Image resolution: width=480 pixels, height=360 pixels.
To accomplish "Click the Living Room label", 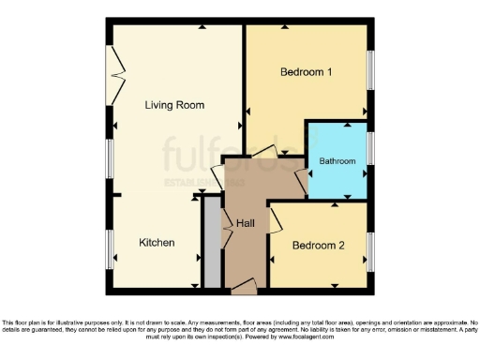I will [x=174, y=104].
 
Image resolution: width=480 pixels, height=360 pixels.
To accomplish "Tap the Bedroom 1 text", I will [x=306, y=72].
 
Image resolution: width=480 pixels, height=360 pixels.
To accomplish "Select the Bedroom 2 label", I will [x=318, y=246].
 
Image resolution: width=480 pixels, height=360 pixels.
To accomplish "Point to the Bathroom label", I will [x=337, y=161].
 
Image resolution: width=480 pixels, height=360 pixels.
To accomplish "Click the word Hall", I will [x=246, y=223].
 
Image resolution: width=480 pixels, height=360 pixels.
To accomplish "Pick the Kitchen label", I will [x=157, y=242].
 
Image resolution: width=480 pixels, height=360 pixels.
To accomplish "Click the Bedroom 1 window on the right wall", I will [x=371, y=72].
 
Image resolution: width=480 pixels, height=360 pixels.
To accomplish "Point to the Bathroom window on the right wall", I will [x=371, y=148].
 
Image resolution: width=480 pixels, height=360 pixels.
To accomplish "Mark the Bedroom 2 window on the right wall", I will [x=371, y=246].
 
